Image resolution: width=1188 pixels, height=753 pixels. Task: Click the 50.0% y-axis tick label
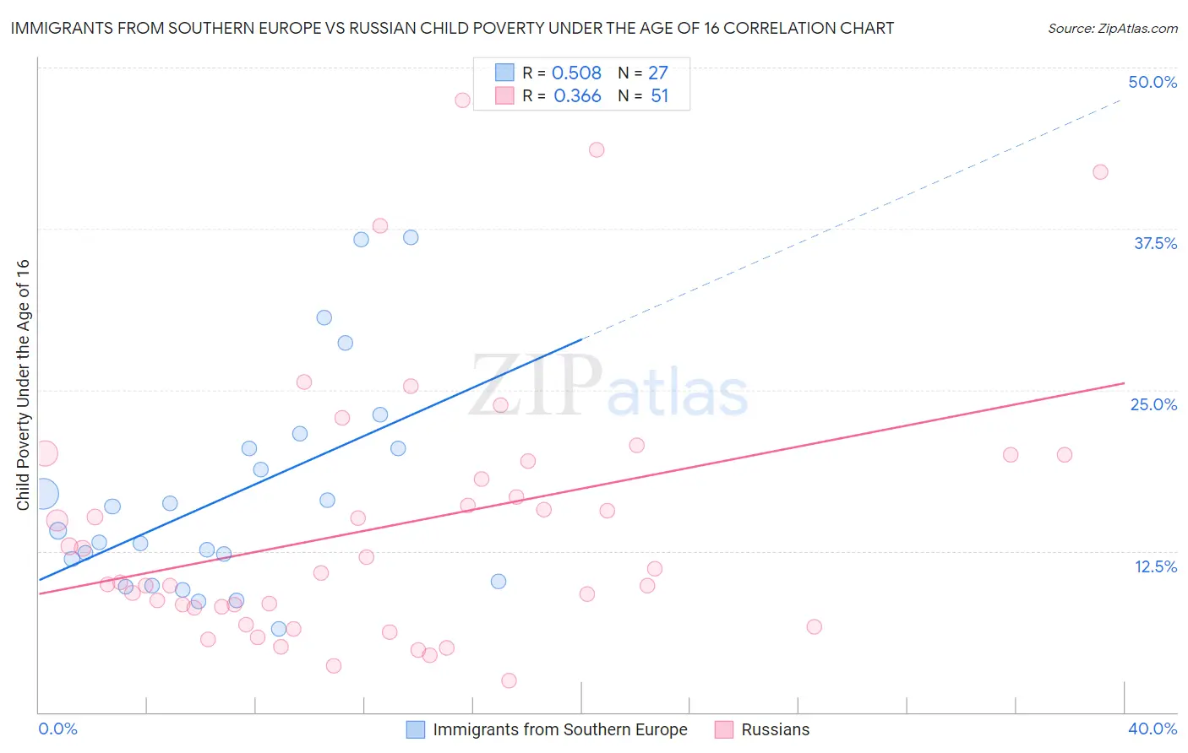tap(1152, 82)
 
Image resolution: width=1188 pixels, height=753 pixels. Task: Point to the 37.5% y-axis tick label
tap(1155, 243)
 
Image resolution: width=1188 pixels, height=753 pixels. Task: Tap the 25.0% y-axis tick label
tap(1153, 404)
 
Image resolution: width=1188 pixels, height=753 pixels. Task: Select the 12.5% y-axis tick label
tap(1155, 566)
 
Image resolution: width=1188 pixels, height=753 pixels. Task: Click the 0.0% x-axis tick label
tap(57, 729)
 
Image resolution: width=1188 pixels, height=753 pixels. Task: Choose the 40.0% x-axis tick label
tap(1152, 729)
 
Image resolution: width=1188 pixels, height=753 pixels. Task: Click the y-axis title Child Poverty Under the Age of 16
tap(23, 384)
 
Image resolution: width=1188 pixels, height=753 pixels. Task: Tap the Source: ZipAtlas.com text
tap(1112, 29)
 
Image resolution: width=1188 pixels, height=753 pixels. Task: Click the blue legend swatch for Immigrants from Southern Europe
tap(416, 729)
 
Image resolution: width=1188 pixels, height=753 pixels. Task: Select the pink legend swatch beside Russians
tap(723, 729)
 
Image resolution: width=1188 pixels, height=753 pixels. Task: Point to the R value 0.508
tap(576, 73)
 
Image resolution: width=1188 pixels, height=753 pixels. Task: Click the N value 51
tap(659, 96)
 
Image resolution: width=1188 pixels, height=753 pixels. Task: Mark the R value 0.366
tap(577, 96)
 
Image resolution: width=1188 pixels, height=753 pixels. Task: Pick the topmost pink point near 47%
tap(462, 100)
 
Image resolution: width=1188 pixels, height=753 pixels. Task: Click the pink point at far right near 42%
tap(1100, 172)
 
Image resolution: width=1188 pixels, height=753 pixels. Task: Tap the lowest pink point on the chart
tap(509, 680)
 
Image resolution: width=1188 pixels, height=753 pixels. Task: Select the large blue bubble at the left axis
tap(43, 494)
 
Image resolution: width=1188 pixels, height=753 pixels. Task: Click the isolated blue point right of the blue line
tap(499, 582)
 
